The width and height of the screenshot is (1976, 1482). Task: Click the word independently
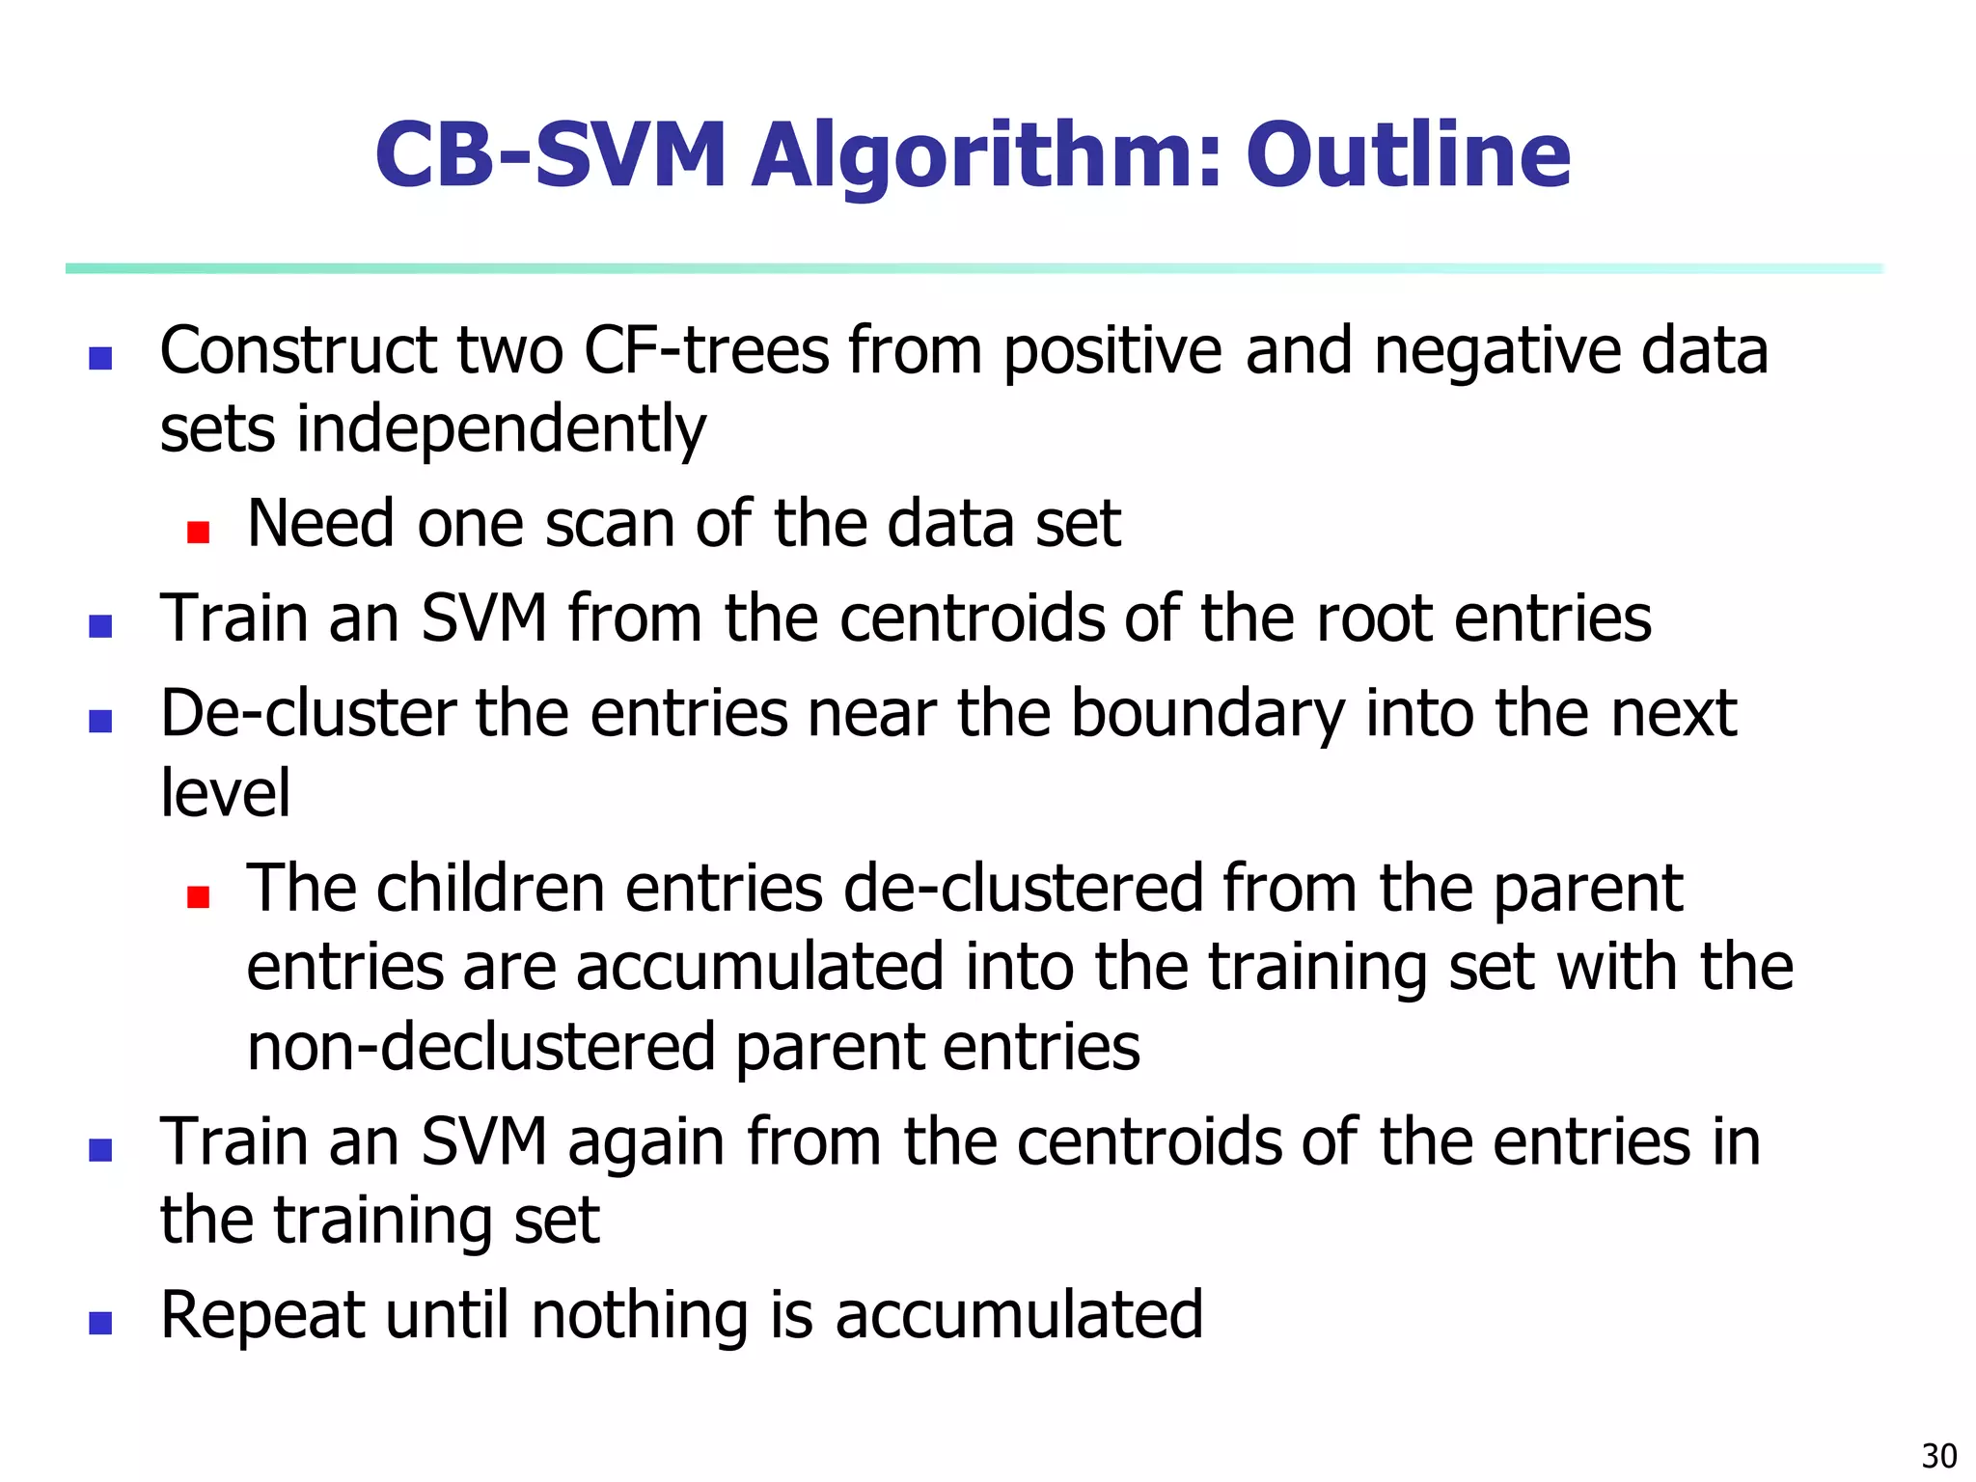click(x=501, y=430)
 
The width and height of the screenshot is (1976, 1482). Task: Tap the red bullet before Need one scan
click(x=199, y=533)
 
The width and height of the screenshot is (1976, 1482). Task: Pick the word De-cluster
click(x=308, y=714)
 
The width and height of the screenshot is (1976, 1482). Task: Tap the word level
click(x=225, y=793)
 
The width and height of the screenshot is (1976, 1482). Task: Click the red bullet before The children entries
click(x=199, y=898)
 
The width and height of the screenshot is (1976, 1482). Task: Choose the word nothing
click(x=640, y=1316)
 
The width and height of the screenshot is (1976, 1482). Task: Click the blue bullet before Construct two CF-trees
click(x=100, y=359)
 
